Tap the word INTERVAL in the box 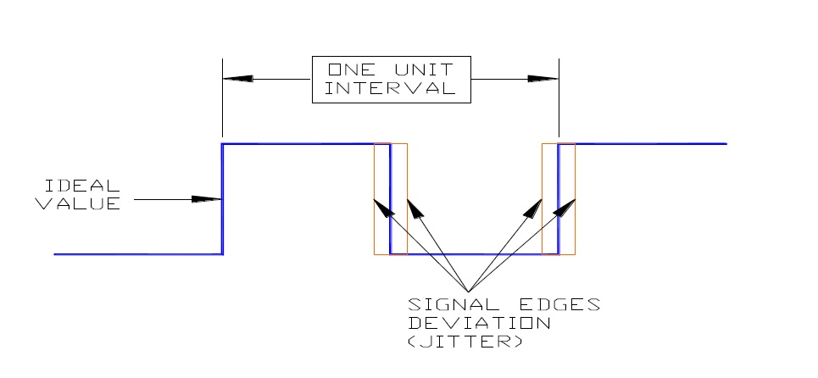pyautogui.click(x=392, y=89)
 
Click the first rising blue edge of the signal pyautogui.click(x=223, y=199)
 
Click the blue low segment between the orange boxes pyautogui.click(x=475, y=253)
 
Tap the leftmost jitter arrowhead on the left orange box pyautogui.click(x=381, y=207)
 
